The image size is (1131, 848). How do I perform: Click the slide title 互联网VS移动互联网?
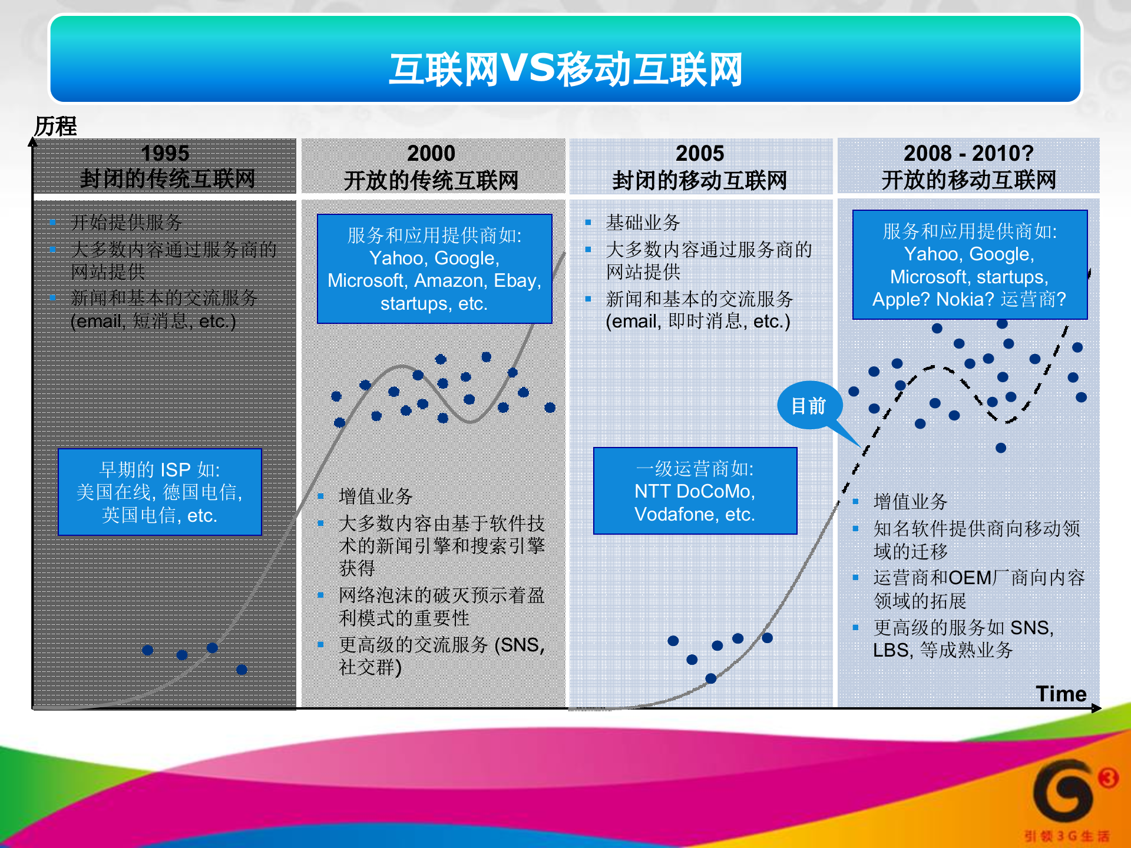click(x=565, y=69)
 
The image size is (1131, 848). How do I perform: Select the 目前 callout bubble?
click(x=809, y=406)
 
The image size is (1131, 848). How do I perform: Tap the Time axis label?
click(x=1061, y=694)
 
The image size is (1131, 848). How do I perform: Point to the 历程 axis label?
click(x=55, y=126)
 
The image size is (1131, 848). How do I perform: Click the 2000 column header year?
click(x=431, y=153)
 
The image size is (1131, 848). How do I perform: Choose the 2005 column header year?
click(x=699, y=153)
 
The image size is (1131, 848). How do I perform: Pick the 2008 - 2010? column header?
click(x=968, y=153)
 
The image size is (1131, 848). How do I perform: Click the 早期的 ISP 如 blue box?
click(x=160, y=492)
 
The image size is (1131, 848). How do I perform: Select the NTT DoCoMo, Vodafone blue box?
click(x=695, y=491)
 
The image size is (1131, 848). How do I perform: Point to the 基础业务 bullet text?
click(x=643, y=223)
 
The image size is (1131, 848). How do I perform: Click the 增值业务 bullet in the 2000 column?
click(x=376, y=496)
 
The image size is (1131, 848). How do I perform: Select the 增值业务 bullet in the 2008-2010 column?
click(x=910, y=502)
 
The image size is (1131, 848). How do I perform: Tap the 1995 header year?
click(x=166, y=153)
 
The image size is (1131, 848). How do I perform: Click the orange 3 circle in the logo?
click(x=1108, y=778)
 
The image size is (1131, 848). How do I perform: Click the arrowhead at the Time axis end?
click(x=1097, y=708)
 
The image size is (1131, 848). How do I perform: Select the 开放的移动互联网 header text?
click(x=968, y=180)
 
